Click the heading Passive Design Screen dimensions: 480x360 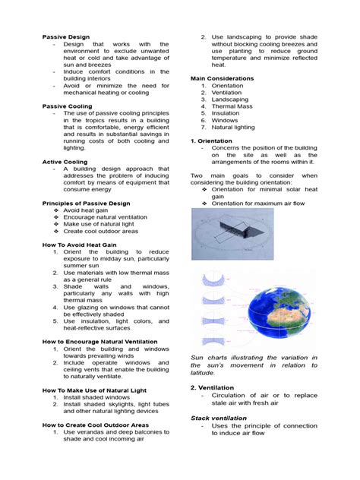point(66,36)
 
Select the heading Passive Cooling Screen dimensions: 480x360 point(68,106)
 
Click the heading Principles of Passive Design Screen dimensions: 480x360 point(86,204)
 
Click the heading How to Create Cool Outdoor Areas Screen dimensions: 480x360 point(96,425)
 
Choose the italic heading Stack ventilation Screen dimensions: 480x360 point(219,418)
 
